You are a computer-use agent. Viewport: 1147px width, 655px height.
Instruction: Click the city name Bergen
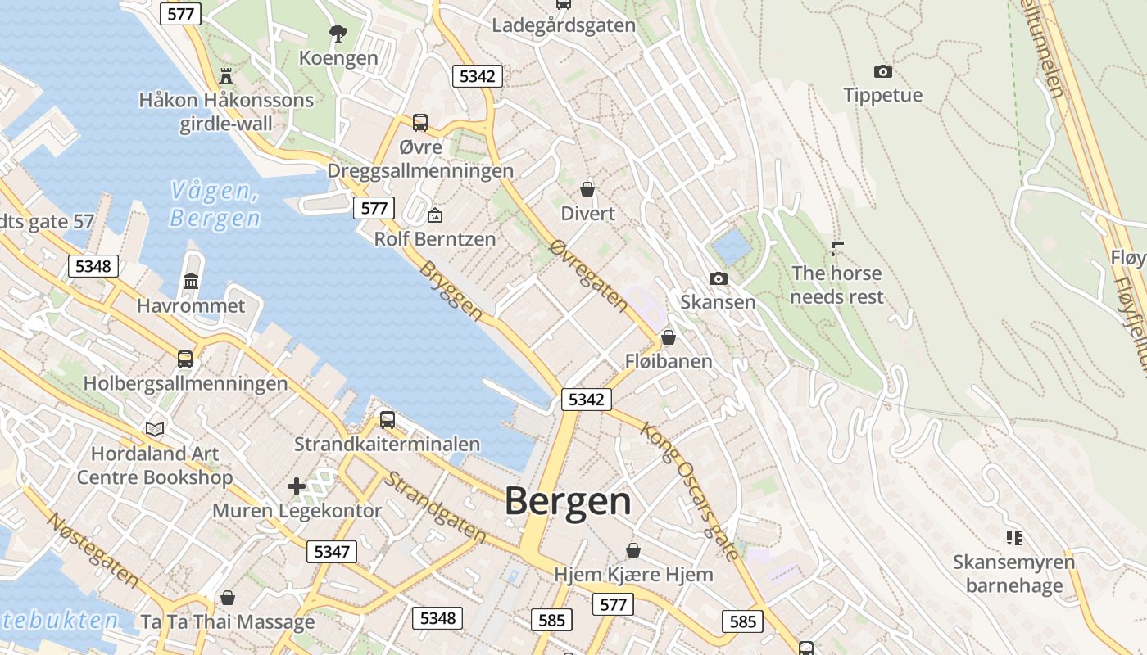click(568, 501)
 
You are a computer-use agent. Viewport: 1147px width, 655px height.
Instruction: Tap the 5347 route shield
click(332, 551)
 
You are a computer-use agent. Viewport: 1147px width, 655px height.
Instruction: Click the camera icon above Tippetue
click(882, 71)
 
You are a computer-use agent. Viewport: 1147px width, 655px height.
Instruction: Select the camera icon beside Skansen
click(719, 279)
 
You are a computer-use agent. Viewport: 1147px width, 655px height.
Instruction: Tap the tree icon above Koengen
click(338, 34)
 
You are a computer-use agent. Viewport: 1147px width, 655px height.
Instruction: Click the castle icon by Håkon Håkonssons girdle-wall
click(226, 76)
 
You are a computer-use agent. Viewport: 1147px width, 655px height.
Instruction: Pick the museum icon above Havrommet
click(191, 282)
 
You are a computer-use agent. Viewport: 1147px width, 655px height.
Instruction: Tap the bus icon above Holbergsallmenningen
click(185, 359)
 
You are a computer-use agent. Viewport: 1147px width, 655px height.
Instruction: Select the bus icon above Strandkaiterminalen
click(388, 420)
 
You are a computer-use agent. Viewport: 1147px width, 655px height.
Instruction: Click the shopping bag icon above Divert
click(587, 189)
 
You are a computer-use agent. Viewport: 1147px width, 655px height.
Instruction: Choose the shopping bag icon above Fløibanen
click(669, 337)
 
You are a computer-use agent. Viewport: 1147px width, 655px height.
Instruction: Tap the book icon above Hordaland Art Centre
click(155, 429)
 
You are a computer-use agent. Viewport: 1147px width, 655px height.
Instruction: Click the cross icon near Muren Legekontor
click(297, 486)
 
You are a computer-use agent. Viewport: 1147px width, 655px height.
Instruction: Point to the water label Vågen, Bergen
click(215, 205)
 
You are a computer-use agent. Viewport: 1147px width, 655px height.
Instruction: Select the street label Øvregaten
click(590, 276)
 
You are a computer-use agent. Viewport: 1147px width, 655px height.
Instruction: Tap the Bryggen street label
click(451, 291)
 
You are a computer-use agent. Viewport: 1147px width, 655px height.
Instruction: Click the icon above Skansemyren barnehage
click(1013, 538)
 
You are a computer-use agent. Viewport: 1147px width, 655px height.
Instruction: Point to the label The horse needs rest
click(836, 284)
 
